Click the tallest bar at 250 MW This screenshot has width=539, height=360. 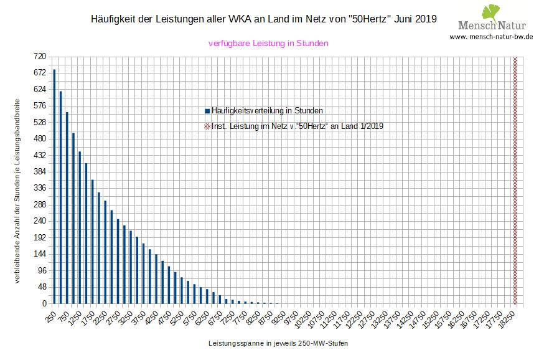click(x=54, y=186)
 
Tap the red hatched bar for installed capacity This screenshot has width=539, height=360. click(x=515, y=180)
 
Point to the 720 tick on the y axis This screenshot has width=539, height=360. click(x=40, y=56)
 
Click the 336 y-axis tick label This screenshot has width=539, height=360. click(x=40, y=188)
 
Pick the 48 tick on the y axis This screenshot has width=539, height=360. click(x=42, y=287)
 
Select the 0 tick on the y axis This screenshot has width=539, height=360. click(x=44, y=303)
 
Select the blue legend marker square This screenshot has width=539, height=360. click(x=207, y=111)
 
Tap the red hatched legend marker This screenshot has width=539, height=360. click(x=207, y=126)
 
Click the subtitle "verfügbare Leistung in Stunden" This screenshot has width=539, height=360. click(x=268, y=44)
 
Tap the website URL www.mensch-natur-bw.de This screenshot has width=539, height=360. click(x=492, y=37)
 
